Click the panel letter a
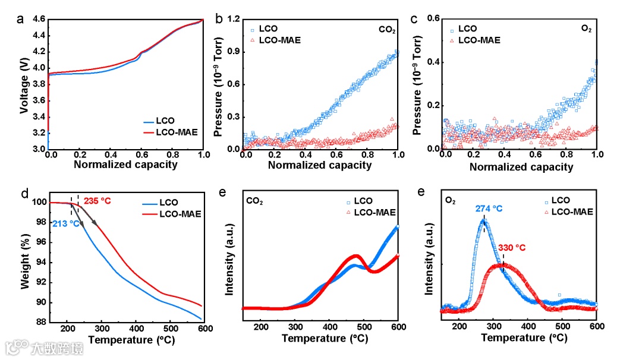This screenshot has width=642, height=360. (x=21, y=18)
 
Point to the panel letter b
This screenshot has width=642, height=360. (x=219, y=20)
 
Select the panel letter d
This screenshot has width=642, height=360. (x=24, y=194)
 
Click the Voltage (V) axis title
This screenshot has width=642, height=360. (x=24, y=84)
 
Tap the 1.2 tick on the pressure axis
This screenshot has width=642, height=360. (x=233, y=20)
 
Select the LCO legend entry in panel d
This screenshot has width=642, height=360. (x=169, y=203)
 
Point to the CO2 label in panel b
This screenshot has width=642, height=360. (x=387, y=29)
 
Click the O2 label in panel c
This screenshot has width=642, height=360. (x=586, y=29)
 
